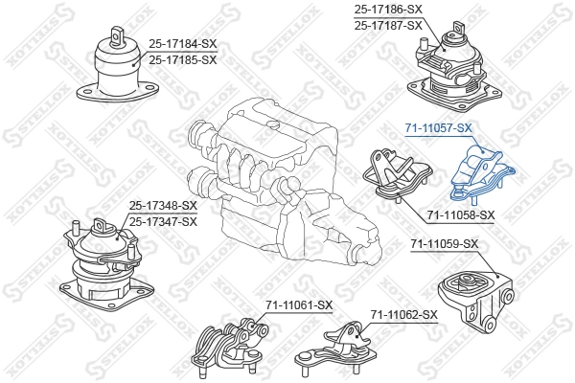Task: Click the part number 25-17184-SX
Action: click(183, 43)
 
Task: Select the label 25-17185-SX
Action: click(183, 59)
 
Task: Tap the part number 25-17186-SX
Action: click(388, 10)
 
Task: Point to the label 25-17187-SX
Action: click(388, 25)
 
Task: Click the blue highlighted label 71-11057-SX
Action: click(438, 127)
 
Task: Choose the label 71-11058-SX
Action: click(460, 214)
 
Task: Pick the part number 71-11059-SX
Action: click(444, 244)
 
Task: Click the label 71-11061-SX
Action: click(299, 305)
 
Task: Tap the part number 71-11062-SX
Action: click(403, 314)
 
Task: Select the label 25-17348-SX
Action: click(163, 206)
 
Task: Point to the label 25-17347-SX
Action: click(163, 221)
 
